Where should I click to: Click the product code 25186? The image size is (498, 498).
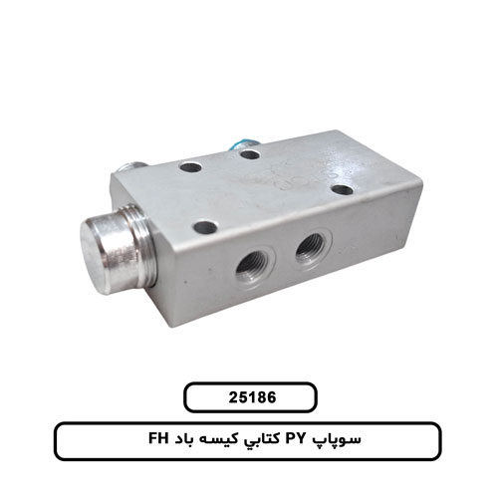pos(252,397)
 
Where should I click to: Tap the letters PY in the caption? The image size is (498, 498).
pos(295,440)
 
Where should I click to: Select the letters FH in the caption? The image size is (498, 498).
pos(159,440)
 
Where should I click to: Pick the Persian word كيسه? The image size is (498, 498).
pos(217,440)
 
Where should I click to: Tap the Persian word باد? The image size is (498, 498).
pos(184,440)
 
